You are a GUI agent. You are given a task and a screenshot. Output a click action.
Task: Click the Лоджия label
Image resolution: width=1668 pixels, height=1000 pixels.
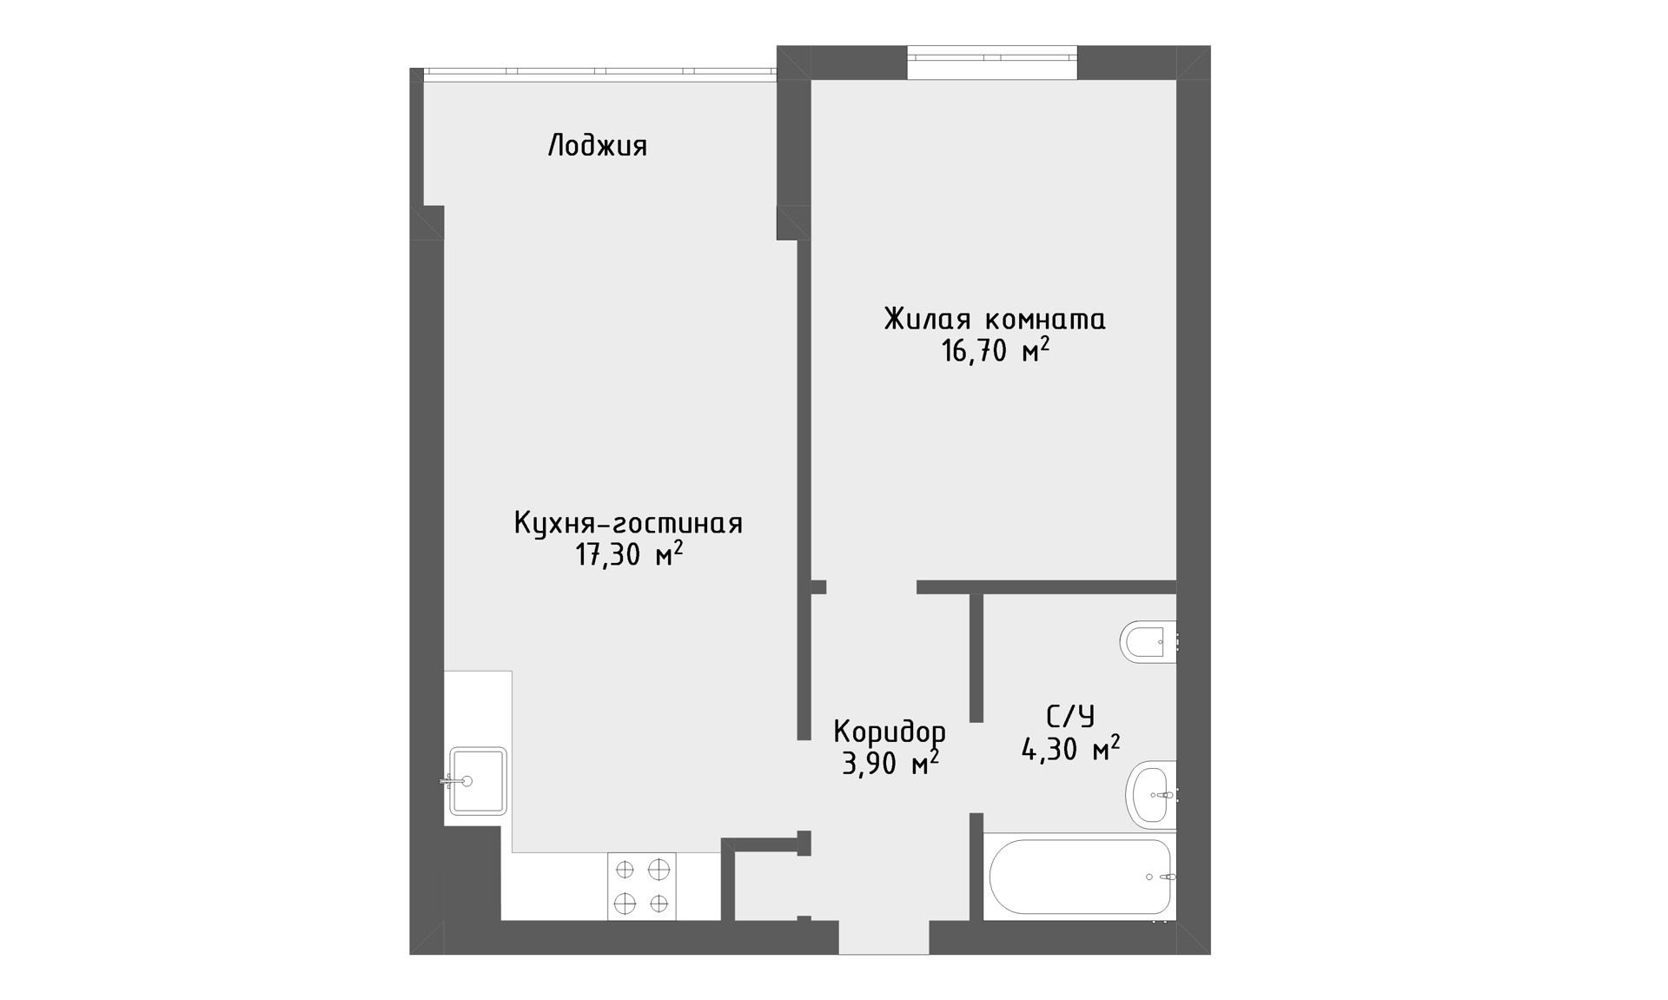coord(598,146)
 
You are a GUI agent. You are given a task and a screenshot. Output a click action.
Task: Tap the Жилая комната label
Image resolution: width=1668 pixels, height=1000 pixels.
coord(995,319)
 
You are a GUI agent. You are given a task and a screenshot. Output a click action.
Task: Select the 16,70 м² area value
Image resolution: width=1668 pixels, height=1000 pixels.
coord(996,350)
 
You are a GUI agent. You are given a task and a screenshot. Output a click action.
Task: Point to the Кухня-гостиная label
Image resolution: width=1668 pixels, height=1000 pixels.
coord(628,523)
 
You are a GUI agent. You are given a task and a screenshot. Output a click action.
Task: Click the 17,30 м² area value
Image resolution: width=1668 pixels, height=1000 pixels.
coord(629,553)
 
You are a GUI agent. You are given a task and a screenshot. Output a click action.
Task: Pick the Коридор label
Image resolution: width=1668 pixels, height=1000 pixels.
coord(890,732)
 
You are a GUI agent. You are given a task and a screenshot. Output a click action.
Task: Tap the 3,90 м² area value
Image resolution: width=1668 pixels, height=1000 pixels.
coord(890,762)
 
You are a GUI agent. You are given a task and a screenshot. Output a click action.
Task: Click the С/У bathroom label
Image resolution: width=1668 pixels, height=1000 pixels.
coord(1070,717)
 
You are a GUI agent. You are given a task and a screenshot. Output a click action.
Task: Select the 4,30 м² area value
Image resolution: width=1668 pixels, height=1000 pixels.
coord(1070,747)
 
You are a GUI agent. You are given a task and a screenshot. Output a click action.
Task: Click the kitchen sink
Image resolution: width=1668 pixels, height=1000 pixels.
coord(477,780)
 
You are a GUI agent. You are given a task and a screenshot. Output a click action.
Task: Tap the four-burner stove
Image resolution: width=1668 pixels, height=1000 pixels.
coord(641,886)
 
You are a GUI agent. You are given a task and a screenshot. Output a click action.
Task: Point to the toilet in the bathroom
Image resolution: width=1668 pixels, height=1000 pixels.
coord(1148,641)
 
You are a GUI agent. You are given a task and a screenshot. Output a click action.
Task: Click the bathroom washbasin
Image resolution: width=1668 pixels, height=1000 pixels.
coord(1151,794)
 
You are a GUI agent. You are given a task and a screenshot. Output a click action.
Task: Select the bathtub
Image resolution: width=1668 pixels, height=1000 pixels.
coord(1080,876)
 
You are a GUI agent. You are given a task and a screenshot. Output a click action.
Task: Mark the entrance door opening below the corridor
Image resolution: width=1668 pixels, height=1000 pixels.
coord(884,937)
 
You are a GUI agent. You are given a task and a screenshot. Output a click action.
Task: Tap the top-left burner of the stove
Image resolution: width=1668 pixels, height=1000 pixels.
coord(625,869)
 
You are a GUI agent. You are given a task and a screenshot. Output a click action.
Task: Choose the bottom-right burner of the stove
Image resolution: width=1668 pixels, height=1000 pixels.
coord(659,904)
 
